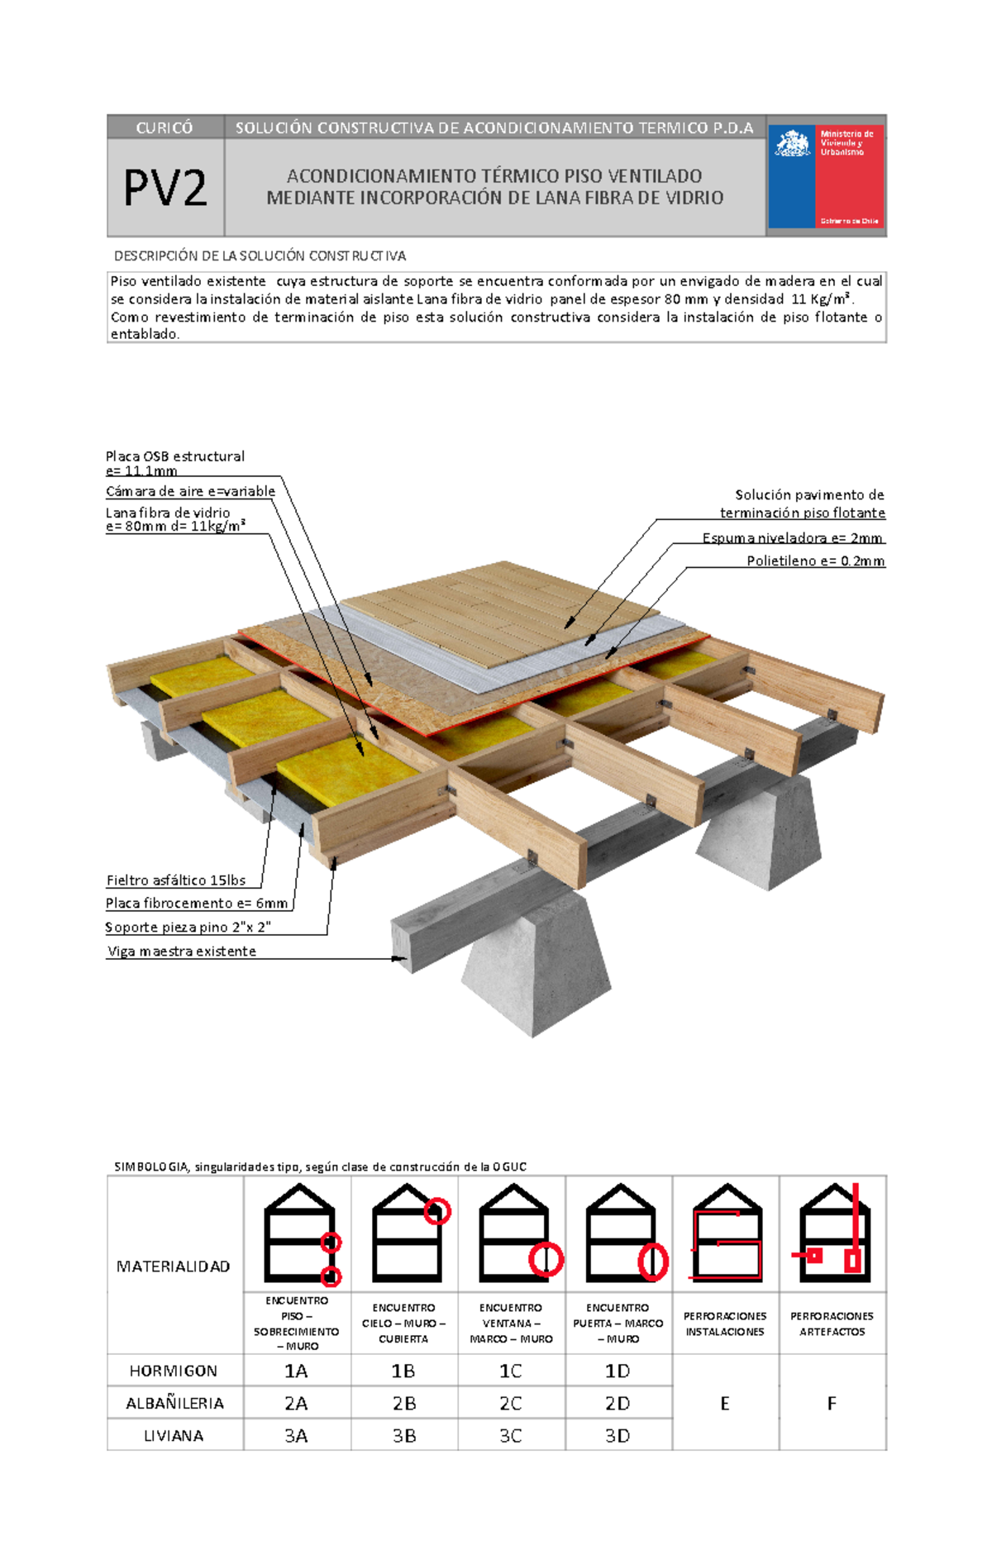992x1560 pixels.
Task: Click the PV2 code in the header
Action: (x=165, y=188)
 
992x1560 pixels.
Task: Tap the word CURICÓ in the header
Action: (x=165, y=127)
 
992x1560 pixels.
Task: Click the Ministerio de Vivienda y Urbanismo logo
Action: (x=826, y=176)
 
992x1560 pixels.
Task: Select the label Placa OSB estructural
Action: (x=174, y=456)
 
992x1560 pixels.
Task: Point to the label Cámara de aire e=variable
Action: (x=190, y=491)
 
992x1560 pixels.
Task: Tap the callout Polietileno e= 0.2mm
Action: (x=815, y=561)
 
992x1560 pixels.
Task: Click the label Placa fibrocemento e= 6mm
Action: (x=197, y=904)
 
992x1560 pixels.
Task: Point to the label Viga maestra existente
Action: (x=182, y=952)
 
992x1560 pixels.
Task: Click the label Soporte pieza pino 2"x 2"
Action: (x=188, y=928)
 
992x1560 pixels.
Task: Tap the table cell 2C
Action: (x=510, y=1403)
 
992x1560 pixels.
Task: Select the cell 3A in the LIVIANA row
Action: (x=296, y=1436)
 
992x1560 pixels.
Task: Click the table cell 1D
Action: (x=618, y=1371)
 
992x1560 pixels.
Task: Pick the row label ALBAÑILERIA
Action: (x=174, y=1403)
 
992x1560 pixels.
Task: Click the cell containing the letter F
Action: (x=832, y=1403)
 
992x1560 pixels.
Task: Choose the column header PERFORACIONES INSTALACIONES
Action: (x=725, y=1324)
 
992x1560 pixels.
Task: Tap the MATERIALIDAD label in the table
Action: (x=174, y=1267)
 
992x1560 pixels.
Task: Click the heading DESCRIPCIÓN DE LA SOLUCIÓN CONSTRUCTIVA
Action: (x=260, y=256)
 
